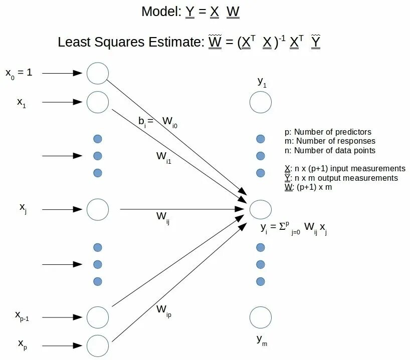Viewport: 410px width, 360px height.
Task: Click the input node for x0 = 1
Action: pyautogui.click(x=98, y=73)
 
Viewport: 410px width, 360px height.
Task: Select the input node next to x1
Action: pyautogui.click(x=98, y=102)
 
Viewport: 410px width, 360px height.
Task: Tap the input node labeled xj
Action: pyautogui.click(x=98, y=209)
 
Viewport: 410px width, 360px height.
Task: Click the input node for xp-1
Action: pyautogui.click(x=98, y=316)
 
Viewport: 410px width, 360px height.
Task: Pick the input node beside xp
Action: pyautogui.click(x=98, y=345)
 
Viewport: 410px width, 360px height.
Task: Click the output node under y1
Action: pyautogui.click(x=261, y=102)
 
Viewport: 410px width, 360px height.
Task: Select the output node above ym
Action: pyautogui.click(x=261, y=317)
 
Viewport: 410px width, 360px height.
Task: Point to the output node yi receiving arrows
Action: pyautogui.click(x=261, y=209)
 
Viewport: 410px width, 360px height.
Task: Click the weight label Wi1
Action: pyautogui.click(x=164, y=157)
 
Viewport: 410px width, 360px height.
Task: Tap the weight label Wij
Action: pyautogui.click(x=163, y=217)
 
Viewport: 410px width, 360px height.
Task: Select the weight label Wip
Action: pyautogui.click(x=163, y=310)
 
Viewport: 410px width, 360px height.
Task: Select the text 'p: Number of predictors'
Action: pyautogui.click(x=328, y=132)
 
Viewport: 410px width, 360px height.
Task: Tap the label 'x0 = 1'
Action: pyautogui.click(x=19, y=73)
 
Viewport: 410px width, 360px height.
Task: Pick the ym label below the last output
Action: pyautogui.click(x=262, y=340)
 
